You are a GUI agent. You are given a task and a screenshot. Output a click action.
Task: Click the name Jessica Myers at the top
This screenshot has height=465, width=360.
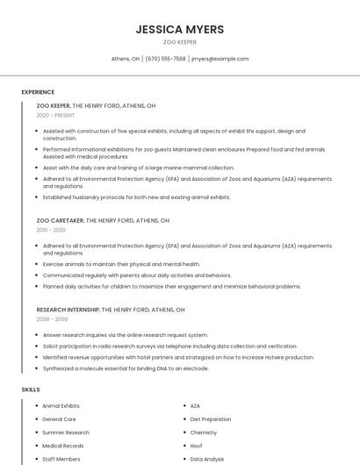(x=179, y=29)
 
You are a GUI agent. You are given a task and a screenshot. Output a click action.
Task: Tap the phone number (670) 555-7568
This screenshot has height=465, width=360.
(x=165, y=59)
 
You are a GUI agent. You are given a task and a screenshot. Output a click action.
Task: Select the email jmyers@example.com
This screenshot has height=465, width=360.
(x=220, y=59)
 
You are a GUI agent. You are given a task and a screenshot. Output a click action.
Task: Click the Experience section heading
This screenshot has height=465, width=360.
(x=38, y=91)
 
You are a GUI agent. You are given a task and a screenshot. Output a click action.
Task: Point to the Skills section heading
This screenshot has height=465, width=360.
(x=31, y=389)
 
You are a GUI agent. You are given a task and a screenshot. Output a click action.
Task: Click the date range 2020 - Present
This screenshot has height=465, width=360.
(x=55, y=115)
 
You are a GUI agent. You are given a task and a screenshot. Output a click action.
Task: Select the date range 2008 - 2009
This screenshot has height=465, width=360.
(x=52, y=319)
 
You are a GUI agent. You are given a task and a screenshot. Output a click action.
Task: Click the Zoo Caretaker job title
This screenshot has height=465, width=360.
(x=60, y=220)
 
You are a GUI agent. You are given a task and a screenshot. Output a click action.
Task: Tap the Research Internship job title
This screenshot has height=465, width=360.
(x=68, y=310)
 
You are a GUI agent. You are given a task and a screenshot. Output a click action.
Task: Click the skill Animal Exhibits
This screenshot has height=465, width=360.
(x=61, y=406)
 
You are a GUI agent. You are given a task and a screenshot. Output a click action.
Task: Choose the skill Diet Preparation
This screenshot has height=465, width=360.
(x=211, y=419)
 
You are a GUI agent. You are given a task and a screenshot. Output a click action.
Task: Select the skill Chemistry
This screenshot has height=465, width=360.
(x=203, y=433)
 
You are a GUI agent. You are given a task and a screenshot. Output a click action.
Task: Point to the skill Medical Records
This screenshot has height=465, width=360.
(x=62, y=446)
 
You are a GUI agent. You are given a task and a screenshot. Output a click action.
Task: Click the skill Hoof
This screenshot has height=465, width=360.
(x=197, y=446)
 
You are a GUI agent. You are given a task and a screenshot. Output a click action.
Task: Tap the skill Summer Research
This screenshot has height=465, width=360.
(x=65, y=433)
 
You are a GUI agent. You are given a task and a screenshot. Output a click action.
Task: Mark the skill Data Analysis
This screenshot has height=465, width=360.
(x=207, y=459)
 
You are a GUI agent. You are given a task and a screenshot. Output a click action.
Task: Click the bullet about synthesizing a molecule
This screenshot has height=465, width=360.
(x=125, y=368)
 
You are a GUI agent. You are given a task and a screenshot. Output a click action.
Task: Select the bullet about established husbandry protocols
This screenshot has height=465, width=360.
(x=136, y=197)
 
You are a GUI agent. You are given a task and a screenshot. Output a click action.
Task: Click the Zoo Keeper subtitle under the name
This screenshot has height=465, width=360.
(x=179, y=42)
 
